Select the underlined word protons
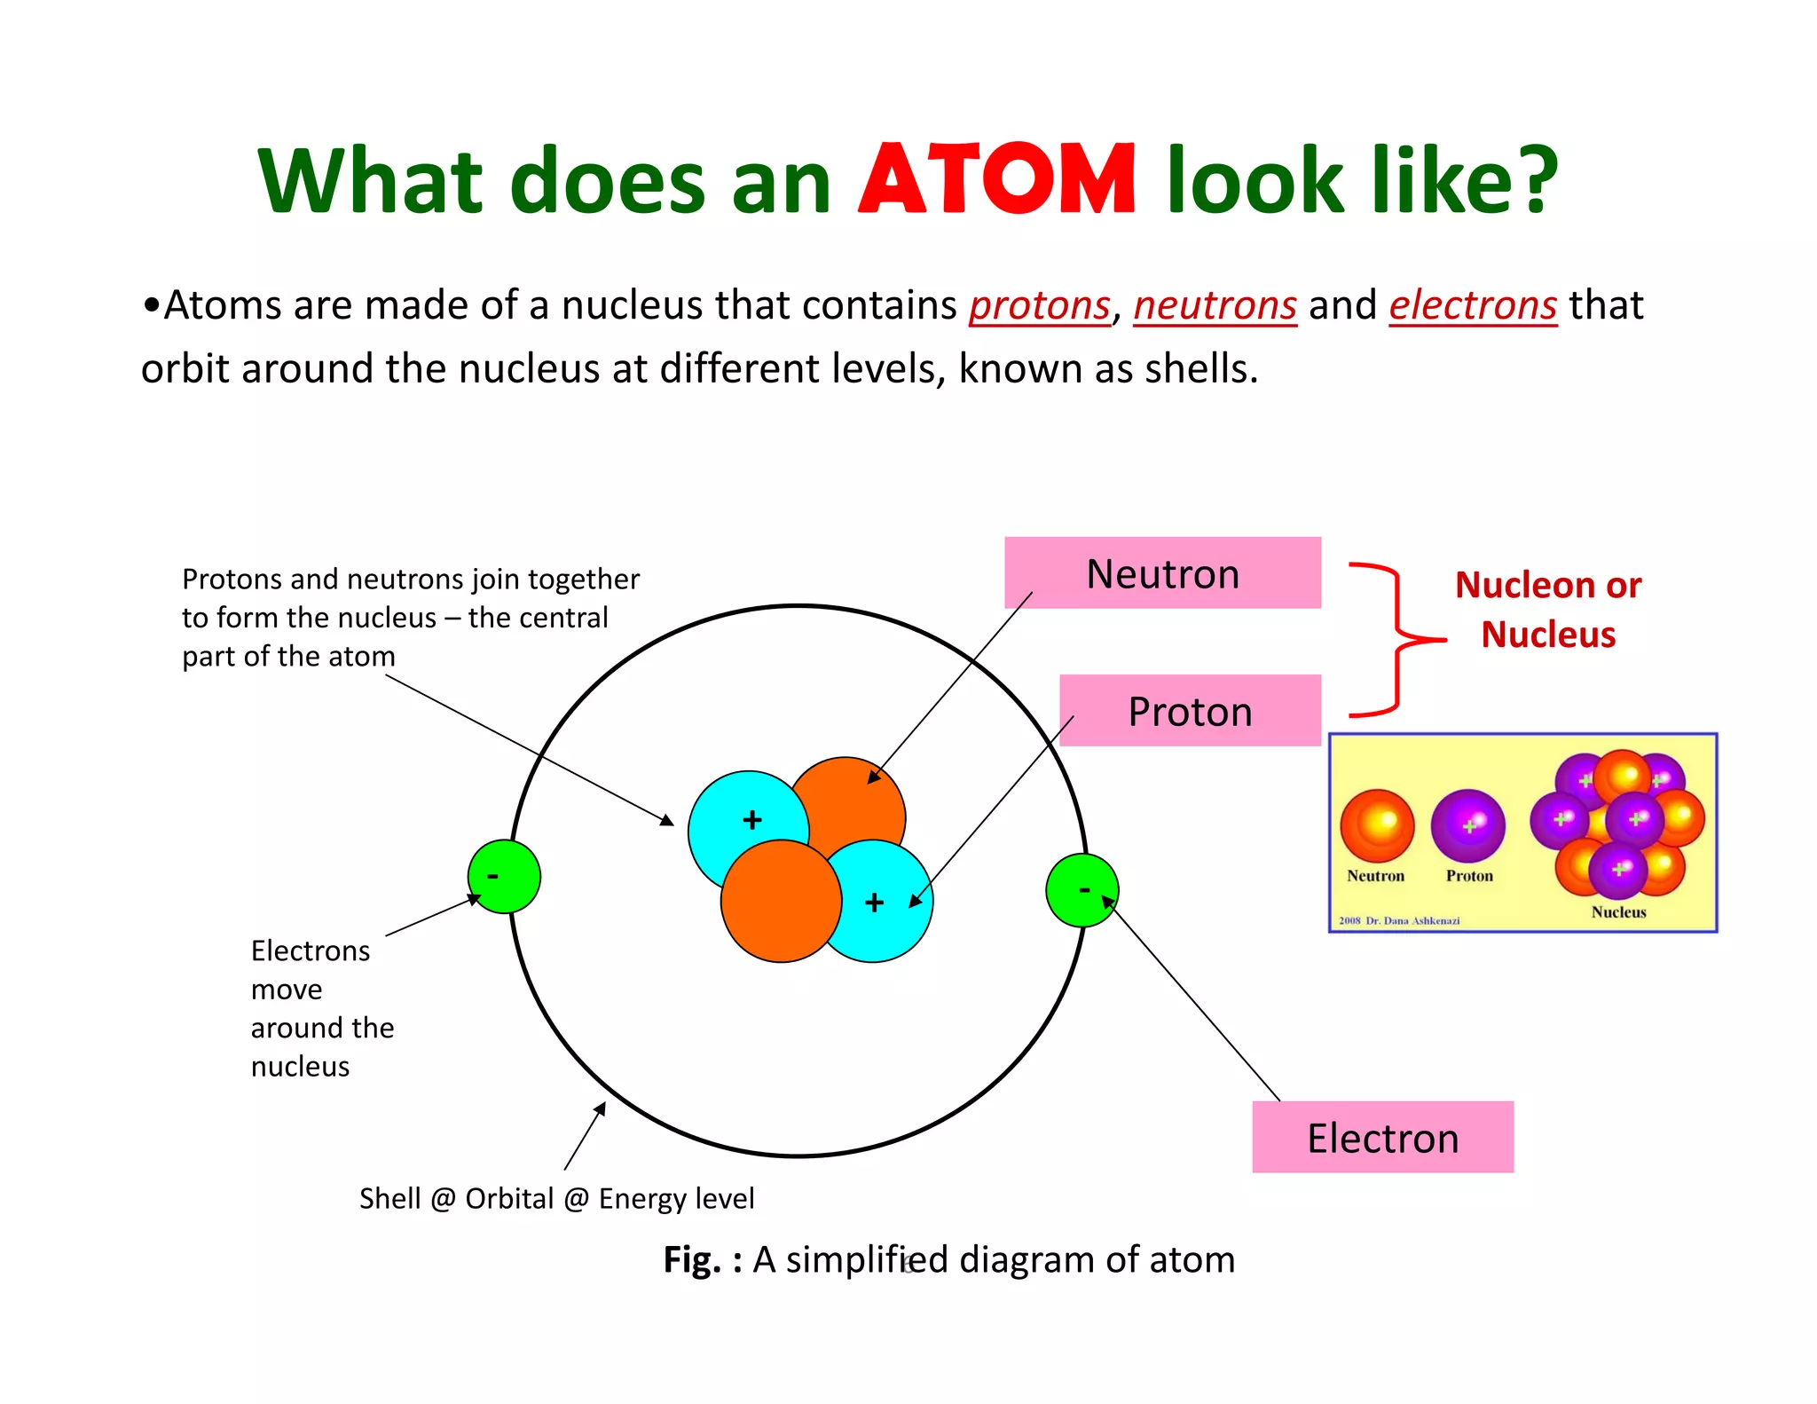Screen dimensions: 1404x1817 (1039, 306)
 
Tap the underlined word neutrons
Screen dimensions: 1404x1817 (1215, 306)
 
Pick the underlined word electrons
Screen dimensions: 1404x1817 (1472, 306)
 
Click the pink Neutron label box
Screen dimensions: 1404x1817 (1162, 573)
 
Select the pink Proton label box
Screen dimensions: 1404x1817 (1190, 711)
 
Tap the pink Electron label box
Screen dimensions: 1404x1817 (1382, 1138)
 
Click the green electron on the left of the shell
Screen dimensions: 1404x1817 (504, 877)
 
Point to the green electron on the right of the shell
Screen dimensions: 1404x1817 (1082, 890)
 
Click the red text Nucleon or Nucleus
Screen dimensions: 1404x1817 (1548, 610)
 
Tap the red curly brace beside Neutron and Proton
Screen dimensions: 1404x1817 (1396, 639)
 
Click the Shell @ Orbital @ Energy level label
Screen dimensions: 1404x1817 (556, 1198)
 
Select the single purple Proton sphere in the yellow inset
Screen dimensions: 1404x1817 (1467, 826)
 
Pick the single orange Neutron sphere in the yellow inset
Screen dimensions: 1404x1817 (1376, 826)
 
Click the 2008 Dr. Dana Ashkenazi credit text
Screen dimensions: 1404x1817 (1399, 920)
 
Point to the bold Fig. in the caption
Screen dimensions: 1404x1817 (692, 1260)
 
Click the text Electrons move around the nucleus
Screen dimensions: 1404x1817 (321, 1008)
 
